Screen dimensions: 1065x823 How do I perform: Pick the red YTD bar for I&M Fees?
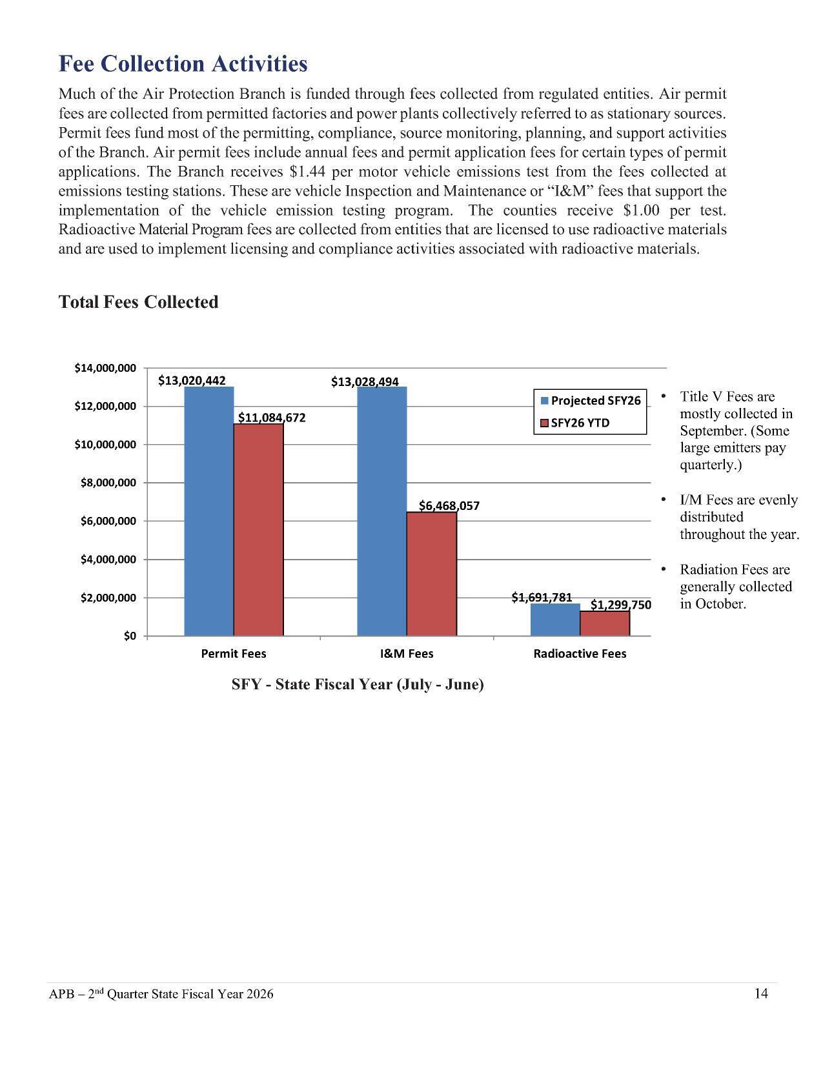431,574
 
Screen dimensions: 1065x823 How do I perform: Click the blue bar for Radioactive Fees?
554,620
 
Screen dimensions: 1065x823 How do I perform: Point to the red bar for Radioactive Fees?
604,624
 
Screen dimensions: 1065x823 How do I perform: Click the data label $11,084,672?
272,418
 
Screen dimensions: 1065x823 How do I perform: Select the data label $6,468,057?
449,505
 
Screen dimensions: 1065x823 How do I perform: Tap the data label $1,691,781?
542,598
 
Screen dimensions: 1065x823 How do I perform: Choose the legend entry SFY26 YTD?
580,423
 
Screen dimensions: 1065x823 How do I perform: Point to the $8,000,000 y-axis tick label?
108,483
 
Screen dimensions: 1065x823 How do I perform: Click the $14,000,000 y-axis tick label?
105,368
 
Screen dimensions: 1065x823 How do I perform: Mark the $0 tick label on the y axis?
130,636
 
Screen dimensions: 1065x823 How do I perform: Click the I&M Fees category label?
407,654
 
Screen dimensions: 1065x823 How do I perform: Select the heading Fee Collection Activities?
183,64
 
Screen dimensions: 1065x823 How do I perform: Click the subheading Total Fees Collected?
138,302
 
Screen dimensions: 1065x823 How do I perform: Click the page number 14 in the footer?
761,993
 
